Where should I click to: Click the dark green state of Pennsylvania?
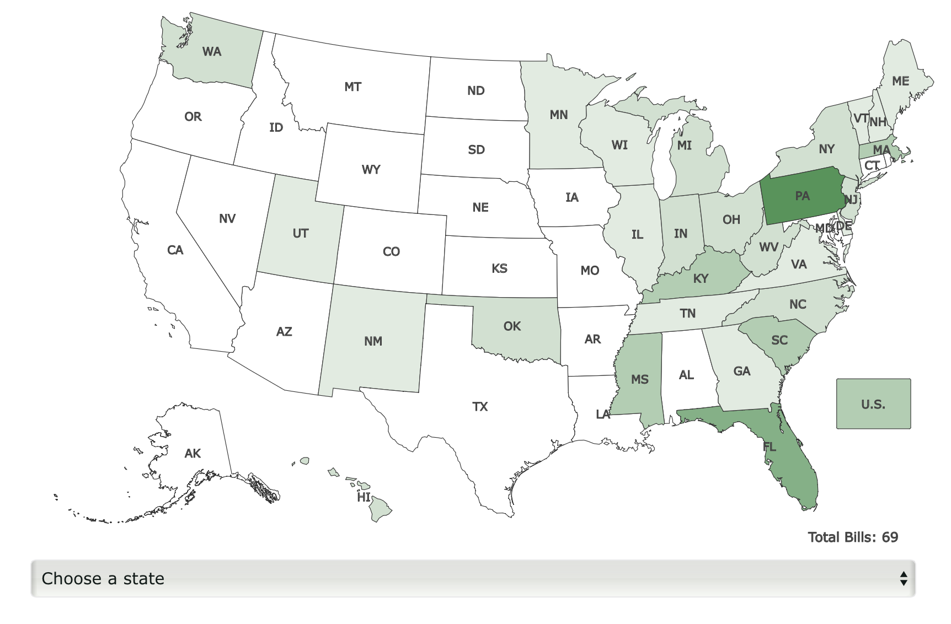803,196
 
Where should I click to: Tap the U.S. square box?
873,404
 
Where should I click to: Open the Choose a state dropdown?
473,578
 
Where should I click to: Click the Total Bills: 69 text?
853,537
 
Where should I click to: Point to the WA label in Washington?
212,52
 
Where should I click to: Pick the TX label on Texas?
480,407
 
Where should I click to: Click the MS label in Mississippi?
640,379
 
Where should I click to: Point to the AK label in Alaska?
193,453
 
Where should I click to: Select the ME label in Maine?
900,81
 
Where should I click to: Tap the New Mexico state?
373,341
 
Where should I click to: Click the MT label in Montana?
352,87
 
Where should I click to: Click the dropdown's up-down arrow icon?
903,578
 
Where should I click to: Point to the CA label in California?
175,250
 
